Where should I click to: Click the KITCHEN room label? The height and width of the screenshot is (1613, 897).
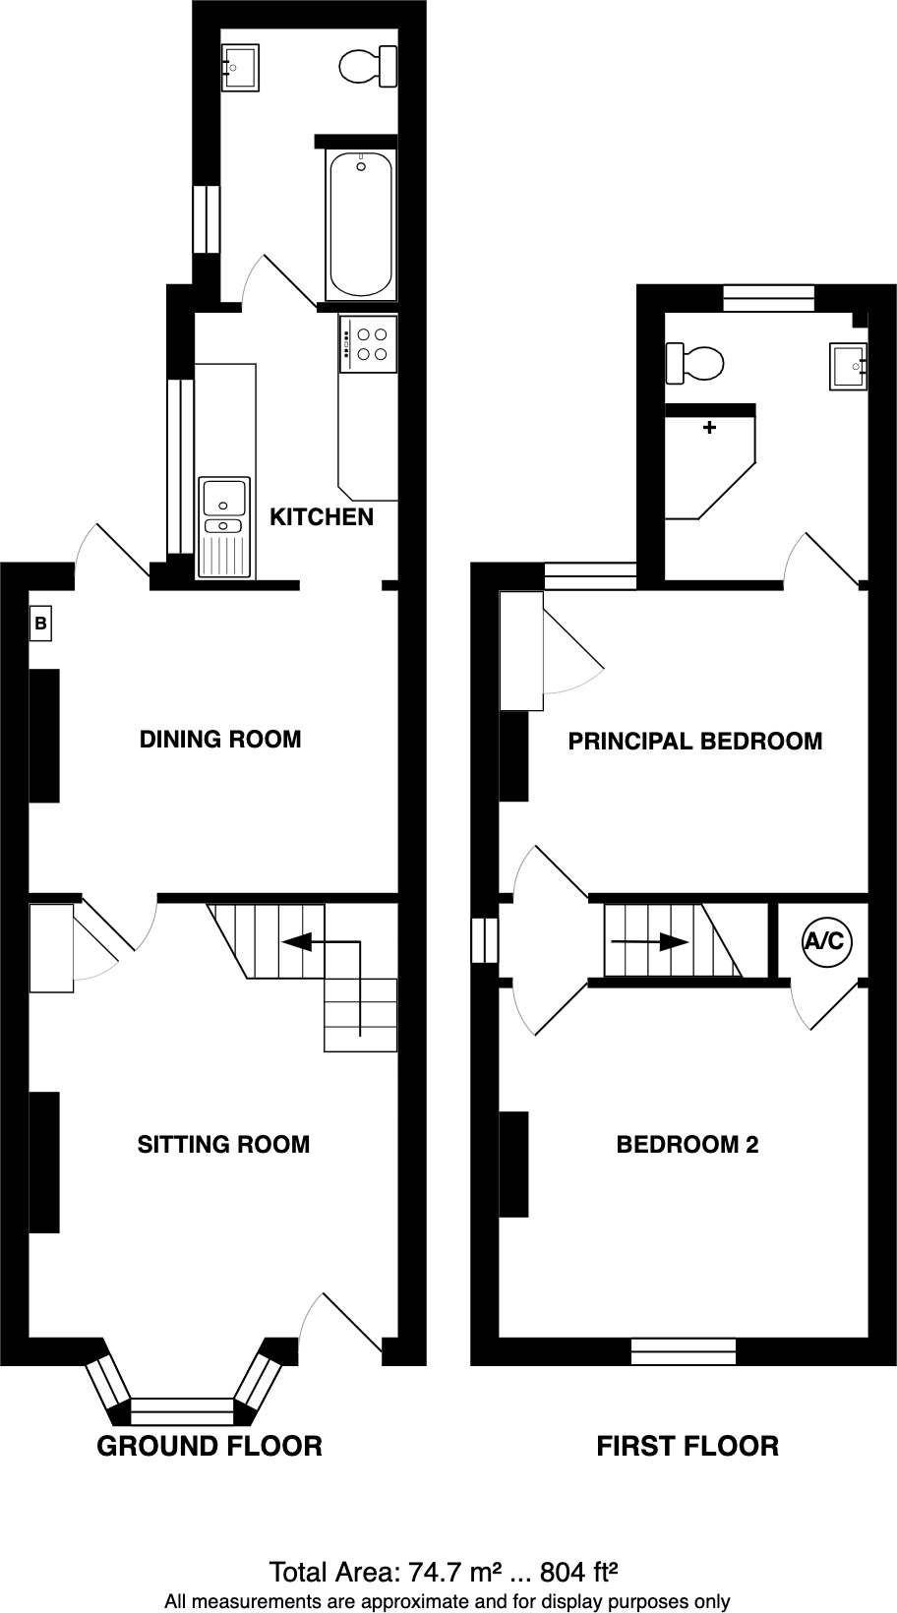click(x=322, y=517)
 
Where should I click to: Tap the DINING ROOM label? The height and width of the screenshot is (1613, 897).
click(x=220, y=740)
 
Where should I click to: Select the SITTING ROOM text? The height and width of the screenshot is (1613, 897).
click(x=223, y=1145)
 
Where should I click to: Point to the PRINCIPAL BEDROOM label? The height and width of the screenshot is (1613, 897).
click(x=694, y=742)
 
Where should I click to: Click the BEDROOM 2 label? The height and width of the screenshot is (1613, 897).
click(x=687, y=1145)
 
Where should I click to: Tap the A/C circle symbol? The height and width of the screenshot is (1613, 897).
click(x=824, y=941)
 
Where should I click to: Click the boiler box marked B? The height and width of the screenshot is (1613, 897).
click(x=40, y=624)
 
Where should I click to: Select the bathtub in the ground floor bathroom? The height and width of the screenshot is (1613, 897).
click(x=361, y=224)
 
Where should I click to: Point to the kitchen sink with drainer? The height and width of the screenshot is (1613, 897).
click(x=225, y=526)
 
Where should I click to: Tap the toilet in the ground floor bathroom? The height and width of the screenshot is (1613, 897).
click(x=368, y=67)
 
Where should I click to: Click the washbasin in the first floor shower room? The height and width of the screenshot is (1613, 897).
click(x=849, y=366)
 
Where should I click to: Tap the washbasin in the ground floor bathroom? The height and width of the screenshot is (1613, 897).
click(x=240, y=67)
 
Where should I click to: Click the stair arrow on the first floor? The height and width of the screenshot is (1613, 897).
click(x=649, y=941)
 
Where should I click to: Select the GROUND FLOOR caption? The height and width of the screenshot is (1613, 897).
click(x=209, y=1446)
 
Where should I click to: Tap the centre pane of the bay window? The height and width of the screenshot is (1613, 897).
click(x=182, y=1410)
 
